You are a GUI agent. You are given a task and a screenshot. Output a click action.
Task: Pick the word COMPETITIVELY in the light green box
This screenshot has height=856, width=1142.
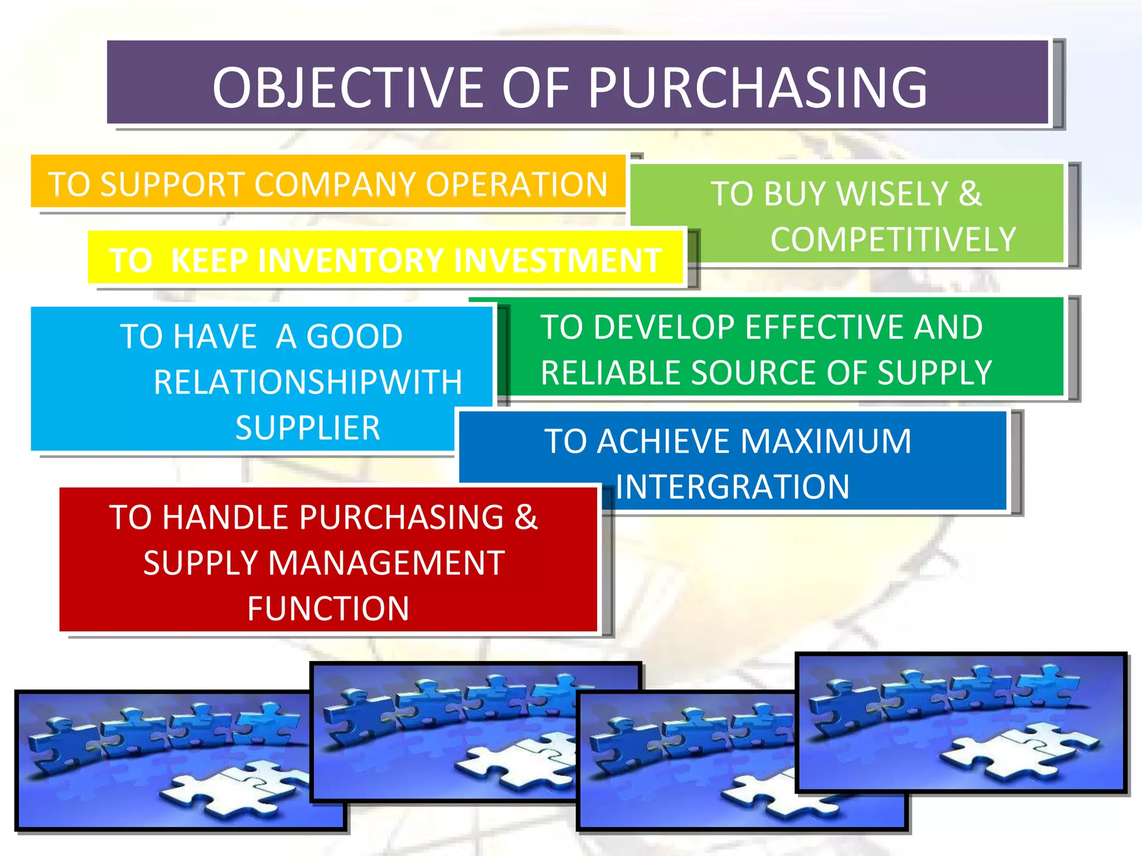click(x=893, y=240)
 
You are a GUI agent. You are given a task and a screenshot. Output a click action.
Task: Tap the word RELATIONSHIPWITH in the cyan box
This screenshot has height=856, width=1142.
click(x=308, y=382)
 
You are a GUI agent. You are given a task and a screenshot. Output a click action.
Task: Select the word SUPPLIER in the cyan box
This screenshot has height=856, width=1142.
click(x=308, y=428)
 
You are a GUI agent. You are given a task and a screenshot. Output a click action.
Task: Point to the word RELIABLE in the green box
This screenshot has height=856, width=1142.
click(x=611, y=373)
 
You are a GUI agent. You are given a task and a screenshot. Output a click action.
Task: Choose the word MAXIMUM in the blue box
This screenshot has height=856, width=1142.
click(x=826, y=441)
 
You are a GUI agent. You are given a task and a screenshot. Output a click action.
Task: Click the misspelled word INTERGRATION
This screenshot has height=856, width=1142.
click(x=732, y=487)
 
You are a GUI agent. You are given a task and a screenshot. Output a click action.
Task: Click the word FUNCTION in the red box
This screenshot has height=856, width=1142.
click(x=328, y=609)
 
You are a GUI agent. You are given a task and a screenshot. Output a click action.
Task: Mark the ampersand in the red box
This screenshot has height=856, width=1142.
click(x=526, y=517)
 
